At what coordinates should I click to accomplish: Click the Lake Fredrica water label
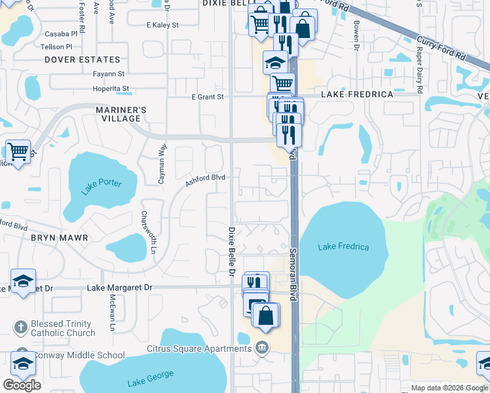point(343,247)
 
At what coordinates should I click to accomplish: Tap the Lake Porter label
point(102,187)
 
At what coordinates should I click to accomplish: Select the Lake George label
point(151,377)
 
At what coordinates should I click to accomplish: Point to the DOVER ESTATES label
point(83,60)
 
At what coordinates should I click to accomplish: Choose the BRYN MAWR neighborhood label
point(59,238)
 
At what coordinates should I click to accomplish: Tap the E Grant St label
point(208,97)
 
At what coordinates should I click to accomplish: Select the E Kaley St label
point(163,25)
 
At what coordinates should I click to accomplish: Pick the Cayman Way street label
point(161,164)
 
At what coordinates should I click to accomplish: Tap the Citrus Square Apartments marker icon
point(262,346)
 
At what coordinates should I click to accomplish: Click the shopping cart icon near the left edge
point(18,151)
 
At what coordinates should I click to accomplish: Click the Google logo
point(22,384)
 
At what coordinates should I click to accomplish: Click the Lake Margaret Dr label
point(119,288)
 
